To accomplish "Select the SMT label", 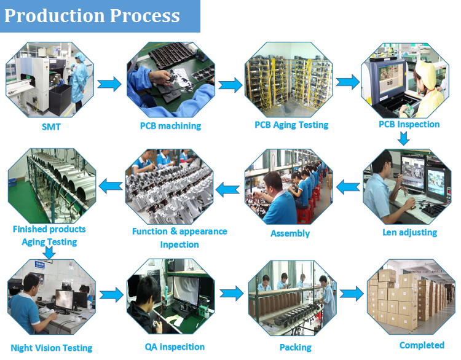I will [x=51, y=127].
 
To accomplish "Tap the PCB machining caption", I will [x=170, y=126].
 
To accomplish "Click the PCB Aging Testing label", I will [x=291, y=125].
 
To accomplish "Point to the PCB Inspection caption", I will [x=409, y=124].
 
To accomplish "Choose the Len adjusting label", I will [x=409, y=232].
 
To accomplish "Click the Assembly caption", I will [x=290, y=233].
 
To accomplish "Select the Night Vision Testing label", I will [x=52, y=348].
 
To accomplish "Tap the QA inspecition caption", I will [x=175, y=346].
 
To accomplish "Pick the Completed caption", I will [x=422, y=345].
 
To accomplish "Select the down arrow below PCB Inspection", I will [x=403, y=139].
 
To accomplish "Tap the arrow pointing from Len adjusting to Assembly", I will [x=349, y=184].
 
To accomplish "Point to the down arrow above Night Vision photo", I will [x=40, y=252].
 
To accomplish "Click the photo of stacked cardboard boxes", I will [x=411, y=297].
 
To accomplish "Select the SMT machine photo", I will [x=50, y=79].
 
